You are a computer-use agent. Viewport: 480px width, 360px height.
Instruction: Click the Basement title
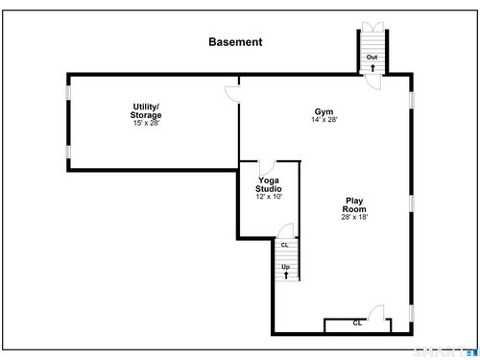click(x=235, y=42)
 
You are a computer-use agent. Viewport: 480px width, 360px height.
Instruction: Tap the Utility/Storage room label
click(x=146, y=110)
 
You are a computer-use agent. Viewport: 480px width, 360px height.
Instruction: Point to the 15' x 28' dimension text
click(x=146, y=123)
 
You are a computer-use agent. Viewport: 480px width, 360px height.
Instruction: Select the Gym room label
click(x=324, y=111)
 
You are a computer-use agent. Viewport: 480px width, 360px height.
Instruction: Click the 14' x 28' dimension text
click(x=324, y=119)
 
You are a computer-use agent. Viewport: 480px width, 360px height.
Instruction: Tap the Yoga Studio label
click(x=269, y=184)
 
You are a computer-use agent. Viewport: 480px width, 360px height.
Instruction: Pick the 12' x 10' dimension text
click(x=269, y=197)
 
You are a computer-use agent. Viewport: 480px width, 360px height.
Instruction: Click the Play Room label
click(x=354, y=204)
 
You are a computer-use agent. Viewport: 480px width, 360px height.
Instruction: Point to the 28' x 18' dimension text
click(x=354, y=217)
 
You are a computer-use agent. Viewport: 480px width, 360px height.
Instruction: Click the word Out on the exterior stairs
click(x=372, y=57)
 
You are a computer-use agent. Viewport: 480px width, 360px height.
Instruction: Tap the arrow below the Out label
click(x=372, y=68)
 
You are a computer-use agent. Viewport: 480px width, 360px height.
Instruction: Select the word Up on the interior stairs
click(x=286, y=267)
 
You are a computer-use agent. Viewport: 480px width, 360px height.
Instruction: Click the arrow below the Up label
click(x=286, y=275)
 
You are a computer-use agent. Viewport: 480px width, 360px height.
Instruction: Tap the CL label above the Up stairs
click(x=284, y=245)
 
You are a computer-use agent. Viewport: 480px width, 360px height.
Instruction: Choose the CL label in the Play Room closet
click(x=357, y=324)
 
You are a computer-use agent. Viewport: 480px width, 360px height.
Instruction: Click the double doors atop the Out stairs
click(x=372, y=27)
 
